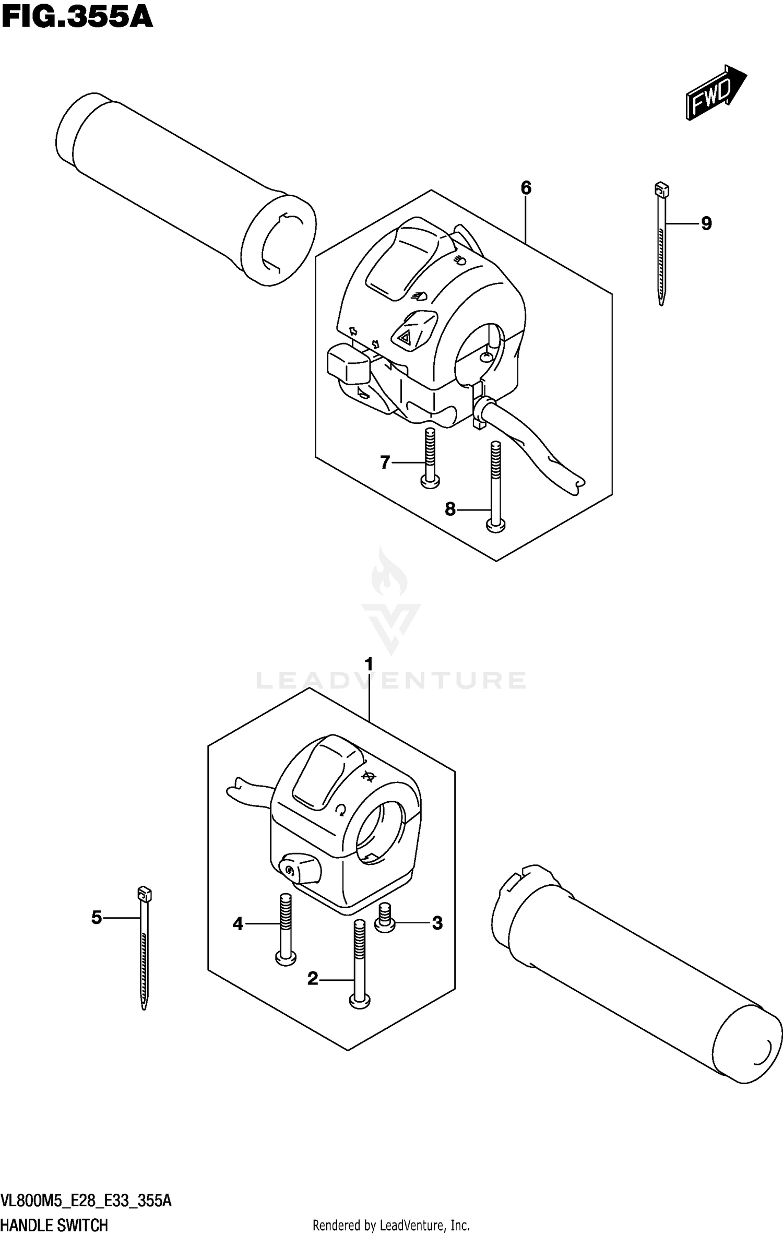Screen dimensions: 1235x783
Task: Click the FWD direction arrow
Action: [716, 92]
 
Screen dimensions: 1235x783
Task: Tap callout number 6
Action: [526, 188]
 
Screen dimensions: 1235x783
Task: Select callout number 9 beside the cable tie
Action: [706, 224]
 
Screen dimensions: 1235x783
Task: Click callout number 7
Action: [385, 462]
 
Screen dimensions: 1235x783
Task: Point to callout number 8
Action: [450, 508]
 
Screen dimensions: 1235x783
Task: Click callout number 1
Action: [369, 664]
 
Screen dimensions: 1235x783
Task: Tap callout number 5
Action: [97, 918]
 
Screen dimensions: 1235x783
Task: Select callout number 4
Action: [238, 924]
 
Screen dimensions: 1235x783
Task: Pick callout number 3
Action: [437, 923]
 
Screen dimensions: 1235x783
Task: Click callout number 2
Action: [313, 979]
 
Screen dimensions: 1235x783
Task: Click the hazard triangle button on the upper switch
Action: [405, 338]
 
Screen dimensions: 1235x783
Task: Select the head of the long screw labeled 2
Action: [359, 1000]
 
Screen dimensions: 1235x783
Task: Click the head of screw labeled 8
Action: [495, 526]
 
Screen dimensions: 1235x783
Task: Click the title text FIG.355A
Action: [77, 17]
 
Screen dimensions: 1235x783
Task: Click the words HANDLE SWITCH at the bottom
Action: [54, 1225]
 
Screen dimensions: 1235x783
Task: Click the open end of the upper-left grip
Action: [280, 241]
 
